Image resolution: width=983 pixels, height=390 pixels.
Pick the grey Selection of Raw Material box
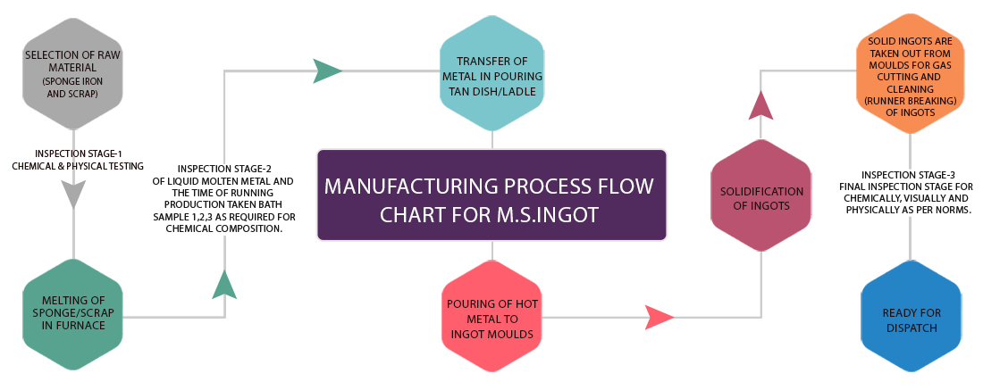click(71, 73)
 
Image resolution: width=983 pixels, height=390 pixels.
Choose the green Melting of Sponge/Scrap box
click(72, 313)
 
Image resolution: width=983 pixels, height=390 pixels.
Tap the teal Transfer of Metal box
click(492, 74)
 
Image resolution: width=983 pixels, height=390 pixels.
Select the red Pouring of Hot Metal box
click(491, 316)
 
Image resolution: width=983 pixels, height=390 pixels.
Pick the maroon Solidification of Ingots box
click(761, 197)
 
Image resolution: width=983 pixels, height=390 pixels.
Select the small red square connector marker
click(660, 317)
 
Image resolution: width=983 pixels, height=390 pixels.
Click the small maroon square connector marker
click(760, 104)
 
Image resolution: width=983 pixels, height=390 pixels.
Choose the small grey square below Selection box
click(73, 195)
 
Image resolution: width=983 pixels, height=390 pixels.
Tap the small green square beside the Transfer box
click(328, 71)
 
